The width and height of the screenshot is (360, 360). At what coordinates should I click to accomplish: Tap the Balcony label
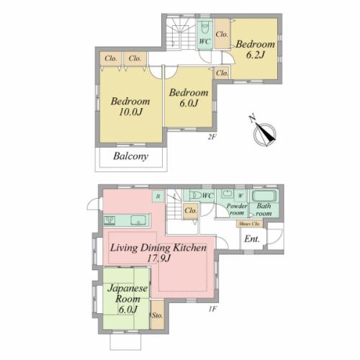click(x=130, y=156)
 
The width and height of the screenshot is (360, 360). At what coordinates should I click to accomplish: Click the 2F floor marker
click(x=212, y=137)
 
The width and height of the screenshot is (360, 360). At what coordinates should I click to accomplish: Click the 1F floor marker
click(x=212, y=309)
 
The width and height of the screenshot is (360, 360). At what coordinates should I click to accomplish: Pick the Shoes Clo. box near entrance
click(x=250, y=224)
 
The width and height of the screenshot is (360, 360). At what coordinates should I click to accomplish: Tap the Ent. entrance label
click(x=252, y=239)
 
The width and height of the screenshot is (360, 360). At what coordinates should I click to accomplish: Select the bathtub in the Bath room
click(x=264, y=196)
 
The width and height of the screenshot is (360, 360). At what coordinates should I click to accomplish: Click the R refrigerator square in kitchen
click(x=158, y=197)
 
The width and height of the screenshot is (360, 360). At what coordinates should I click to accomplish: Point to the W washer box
click(x=240, y=196)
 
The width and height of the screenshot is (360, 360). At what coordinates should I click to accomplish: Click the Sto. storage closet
click(x=157, y=315)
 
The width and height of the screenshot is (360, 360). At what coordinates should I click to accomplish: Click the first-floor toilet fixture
click(x=195, y=195)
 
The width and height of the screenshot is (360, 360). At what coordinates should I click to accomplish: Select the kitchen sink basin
click(x=138, y=220)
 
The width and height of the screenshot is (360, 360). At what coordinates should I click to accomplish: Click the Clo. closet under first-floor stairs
click(x=191, y=211)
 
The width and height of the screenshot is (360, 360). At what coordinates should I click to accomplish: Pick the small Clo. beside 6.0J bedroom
click(x=222, y=73)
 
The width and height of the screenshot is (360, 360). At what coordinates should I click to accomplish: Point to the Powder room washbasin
click(x=226, y=194)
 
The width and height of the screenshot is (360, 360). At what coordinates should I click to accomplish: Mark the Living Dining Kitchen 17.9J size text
click(x=158, y=259)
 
